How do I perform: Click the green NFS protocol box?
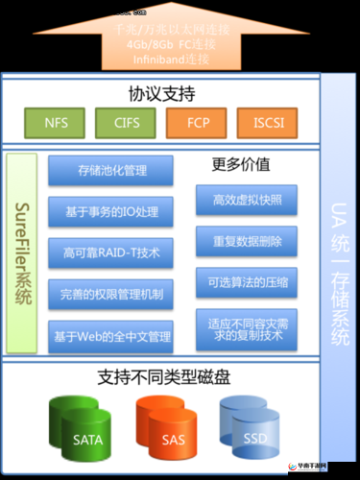click(57, 123)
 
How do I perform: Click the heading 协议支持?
click(161, 94)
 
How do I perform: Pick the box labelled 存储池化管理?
click(111, 171)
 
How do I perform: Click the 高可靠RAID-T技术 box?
click(111, 252)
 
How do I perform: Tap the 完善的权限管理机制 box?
click(111, 294)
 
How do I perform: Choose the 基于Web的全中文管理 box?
click(111, 336)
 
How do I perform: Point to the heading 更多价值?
click(240, 165)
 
